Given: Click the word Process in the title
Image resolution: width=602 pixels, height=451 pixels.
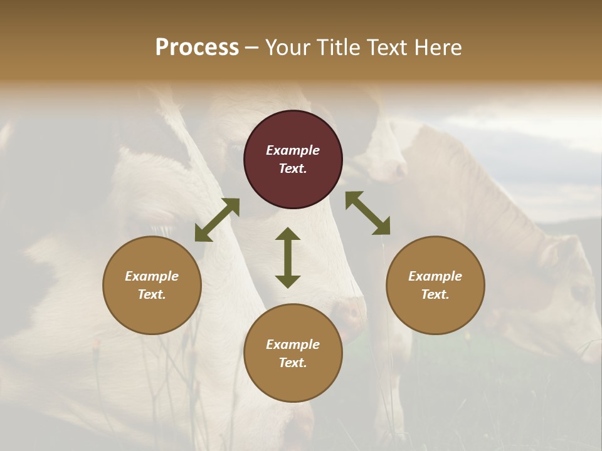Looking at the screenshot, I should [197, 48].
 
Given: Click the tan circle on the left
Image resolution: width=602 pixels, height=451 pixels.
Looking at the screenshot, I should [152, 285].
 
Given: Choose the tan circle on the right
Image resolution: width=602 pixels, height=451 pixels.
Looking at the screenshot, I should [435, 285].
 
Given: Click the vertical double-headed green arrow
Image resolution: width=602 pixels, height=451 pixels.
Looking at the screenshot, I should [288, 257].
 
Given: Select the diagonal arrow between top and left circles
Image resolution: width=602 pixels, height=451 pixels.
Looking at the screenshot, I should [217, 220].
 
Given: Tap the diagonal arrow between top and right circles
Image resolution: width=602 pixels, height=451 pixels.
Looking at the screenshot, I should [367, 213].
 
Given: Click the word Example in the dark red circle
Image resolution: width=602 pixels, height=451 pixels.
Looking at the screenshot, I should [293, 150].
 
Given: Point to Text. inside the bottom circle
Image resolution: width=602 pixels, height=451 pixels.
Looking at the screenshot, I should [293, 363].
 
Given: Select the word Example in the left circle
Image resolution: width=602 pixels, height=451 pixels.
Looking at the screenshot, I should [152, 276].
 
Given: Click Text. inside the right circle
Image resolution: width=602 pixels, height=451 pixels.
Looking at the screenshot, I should [435, 294].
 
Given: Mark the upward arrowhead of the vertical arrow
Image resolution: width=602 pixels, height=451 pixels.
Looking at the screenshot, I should [288, 234].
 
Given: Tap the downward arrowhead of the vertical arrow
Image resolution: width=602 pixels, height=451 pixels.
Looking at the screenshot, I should [288, 281].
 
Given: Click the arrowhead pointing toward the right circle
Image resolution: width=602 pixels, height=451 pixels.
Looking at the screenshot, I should [382, 227].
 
